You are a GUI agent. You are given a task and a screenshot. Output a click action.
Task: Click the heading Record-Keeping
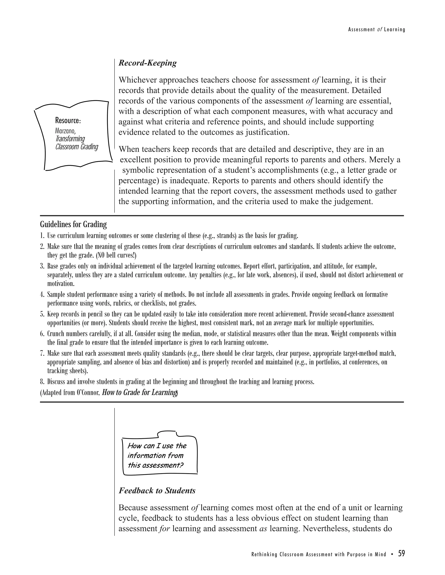click(147, 63)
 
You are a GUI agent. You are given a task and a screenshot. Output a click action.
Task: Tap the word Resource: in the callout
click(68, 121)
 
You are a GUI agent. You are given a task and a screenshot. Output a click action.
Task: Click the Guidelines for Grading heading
click(73, 225)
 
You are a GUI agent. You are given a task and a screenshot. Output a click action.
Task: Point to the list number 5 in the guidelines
click(42, 314)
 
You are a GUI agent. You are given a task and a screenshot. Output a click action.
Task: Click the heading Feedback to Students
click(157, 491)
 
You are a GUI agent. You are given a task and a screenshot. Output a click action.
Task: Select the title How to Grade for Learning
click(139, 393)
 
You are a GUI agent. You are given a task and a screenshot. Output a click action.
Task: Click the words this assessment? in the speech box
click(155, 465)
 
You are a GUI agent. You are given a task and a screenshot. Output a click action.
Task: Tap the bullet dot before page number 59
click(393, 554)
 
